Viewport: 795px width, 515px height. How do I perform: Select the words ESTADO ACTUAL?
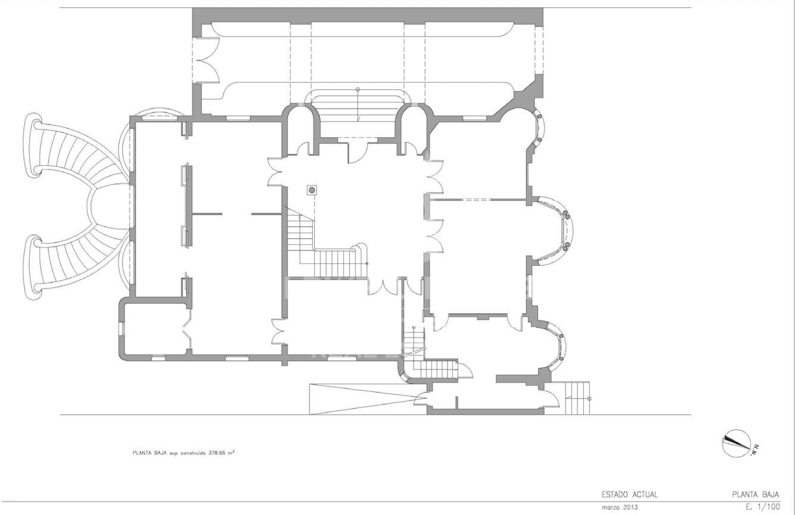630,494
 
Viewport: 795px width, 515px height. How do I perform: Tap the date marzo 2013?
619,507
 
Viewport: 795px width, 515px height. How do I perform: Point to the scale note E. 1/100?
763,507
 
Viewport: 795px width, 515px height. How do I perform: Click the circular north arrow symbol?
736,444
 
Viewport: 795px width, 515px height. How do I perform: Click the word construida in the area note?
195,453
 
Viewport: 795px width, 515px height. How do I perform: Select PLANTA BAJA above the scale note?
756,494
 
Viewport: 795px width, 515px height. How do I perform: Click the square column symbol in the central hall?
312,190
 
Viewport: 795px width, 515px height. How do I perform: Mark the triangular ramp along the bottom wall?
368,398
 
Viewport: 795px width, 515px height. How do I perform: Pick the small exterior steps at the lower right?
577,398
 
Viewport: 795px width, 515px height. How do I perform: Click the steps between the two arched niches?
358,106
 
